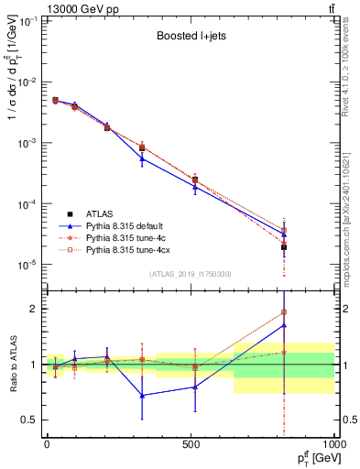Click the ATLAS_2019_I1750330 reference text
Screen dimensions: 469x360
pos(190,274)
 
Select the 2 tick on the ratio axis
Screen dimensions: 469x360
pos(34,309)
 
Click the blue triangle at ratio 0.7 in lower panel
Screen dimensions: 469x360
pos(142,396)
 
